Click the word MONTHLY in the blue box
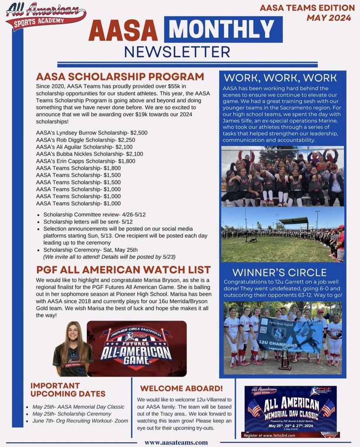[x=223, y=29]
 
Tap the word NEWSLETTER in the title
[x=177, y=52]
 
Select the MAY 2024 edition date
[x=329, y=18]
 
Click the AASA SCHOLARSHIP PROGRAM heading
[x=120, y=77]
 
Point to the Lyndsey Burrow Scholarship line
[x=92, y=133]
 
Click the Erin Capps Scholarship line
[x=86, y=161]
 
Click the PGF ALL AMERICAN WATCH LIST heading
[x=124, y=270]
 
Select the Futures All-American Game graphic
[x=136, y=348]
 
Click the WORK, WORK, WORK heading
[x=280, y=78]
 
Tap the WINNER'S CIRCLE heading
[x=279, y=273]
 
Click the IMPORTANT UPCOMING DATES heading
[x=68, y=389]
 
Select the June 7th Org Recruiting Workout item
[x=80, y=421]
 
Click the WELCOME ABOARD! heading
[x=181, y=388]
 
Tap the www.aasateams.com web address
[x=176, y=442]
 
